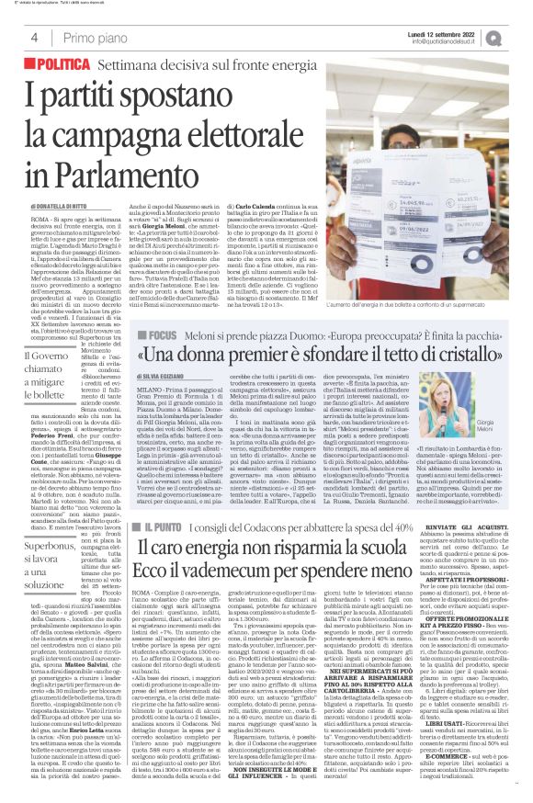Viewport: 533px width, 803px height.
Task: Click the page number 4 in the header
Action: point(33,39)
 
